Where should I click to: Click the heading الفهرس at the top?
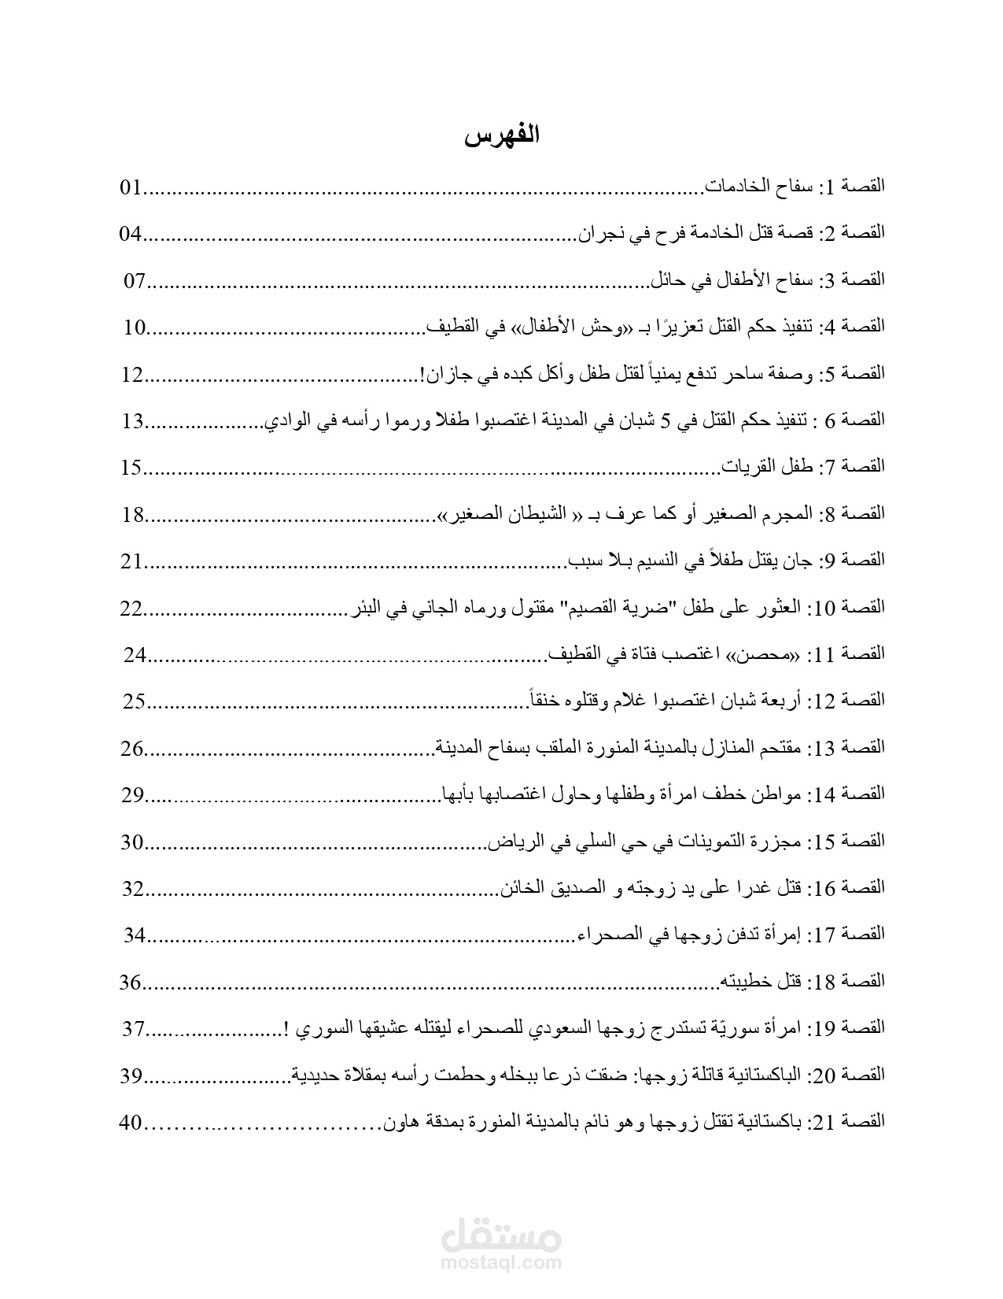tap(501, 136)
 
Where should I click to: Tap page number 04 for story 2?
tap(130, 234)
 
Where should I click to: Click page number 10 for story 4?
tap(135, 328)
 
